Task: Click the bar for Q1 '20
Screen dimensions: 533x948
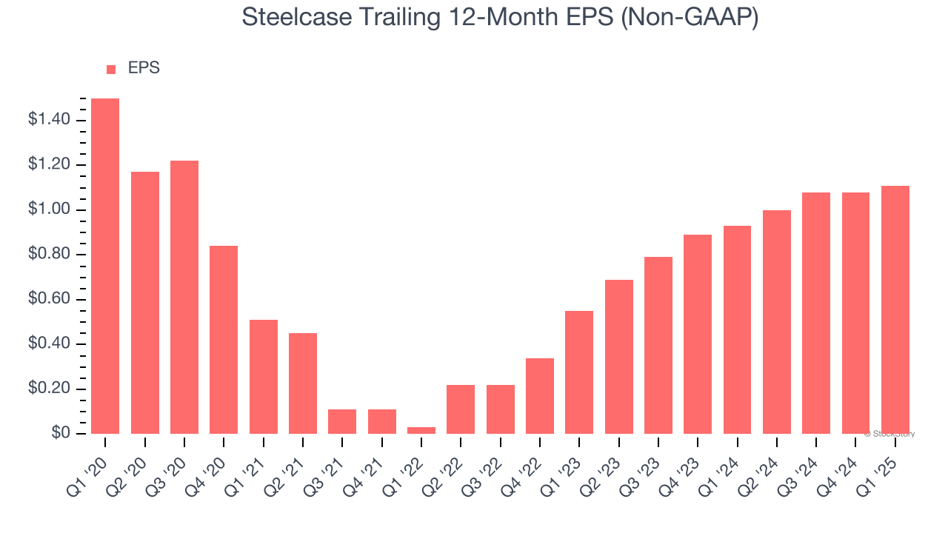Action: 105,266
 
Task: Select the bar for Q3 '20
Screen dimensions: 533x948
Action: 184,297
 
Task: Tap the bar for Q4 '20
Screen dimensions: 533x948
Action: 224,340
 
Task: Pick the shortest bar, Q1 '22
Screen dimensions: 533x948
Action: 421,430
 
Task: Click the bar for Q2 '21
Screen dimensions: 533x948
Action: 303,383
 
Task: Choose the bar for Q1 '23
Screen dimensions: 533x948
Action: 579,372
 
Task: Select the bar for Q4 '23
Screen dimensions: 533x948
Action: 698,334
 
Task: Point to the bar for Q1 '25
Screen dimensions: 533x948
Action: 895,309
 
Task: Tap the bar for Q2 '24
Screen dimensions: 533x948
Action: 777,322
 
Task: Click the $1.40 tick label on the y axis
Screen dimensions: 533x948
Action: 49,120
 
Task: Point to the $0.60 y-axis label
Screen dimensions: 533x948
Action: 49,300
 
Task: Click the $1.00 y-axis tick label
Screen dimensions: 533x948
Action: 49,210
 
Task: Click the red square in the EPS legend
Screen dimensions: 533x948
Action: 111,69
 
